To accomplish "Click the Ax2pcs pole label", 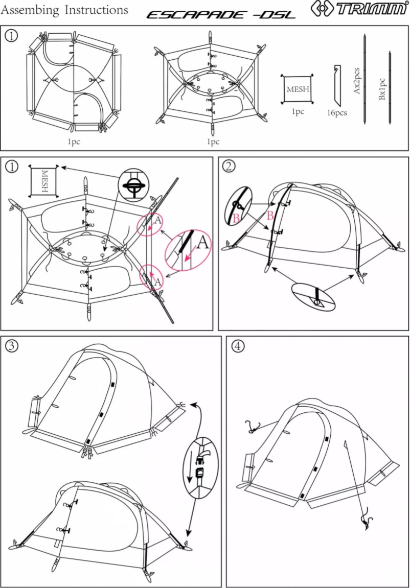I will [x=357, y=79].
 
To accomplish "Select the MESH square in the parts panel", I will [x=297, y=89].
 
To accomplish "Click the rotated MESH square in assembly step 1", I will [x=44, y=181].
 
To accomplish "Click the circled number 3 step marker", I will [x=11, y=345].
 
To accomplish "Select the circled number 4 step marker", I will [x=237, y=346].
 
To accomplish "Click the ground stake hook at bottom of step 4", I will [x=367, y=522].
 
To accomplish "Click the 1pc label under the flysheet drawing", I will [x=74, y=142].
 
